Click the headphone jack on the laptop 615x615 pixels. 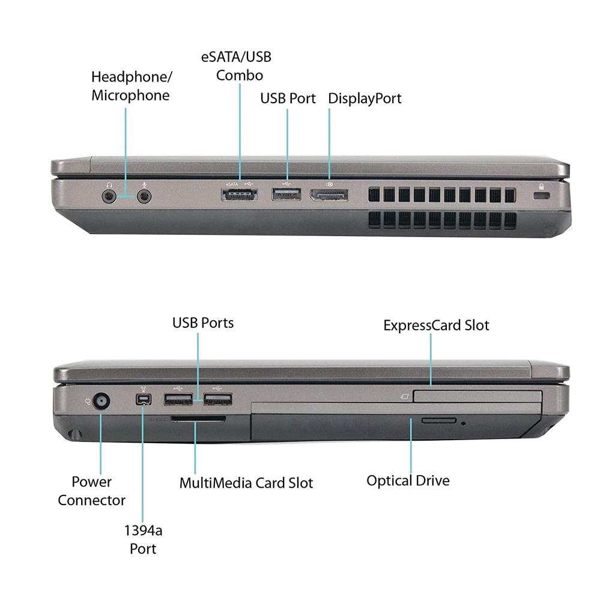tap(109, 196)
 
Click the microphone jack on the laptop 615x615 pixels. tap(144, 196)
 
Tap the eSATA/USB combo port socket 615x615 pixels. tap(240, 195)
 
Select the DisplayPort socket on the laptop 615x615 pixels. tap(329, 195)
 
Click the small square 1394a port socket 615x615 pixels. tap(143, 401)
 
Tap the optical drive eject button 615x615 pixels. tap(438, 420)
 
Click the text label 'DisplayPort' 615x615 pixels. tap(365, 98)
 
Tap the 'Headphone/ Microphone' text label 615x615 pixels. tap(131, 86)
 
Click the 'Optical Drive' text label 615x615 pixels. tap(408, 480)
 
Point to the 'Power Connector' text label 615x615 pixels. tap(92, 491)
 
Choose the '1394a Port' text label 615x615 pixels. tap(143, 539)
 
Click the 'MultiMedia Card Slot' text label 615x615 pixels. tap(246, 483)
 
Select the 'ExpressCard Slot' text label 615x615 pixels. tap(436, 326)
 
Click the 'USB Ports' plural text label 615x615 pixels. tap(203, 323)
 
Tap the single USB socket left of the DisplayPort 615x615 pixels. tap(286, 194)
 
